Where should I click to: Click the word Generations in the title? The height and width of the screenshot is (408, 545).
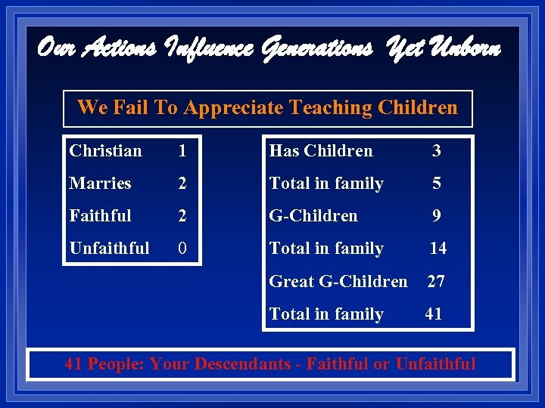[x=317, y=50]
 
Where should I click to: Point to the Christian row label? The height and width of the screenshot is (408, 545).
[x=105, y=151]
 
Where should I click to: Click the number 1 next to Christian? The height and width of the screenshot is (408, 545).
[x=182, y=151]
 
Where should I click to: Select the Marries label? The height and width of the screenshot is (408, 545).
[x=100, y=184]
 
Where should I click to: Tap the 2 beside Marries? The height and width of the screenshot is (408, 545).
[x=182, y=184]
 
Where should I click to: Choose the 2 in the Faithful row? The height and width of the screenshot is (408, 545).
[x=182, y=216]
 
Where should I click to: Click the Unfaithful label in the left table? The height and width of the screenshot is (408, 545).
[x=109, y=249]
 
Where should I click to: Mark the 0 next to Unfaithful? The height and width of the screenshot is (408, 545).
[x=182, y=249]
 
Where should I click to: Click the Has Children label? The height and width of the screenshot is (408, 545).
[x=321, y=151]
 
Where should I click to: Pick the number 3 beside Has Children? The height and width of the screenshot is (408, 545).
[x=436, y=151]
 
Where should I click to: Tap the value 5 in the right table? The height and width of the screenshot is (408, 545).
[x=436, y=184]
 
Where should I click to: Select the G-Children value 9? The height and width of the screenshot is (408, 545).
[x=436, y=216]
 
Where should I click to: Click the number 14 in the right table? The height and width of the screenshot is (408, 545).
[x=438, y=249]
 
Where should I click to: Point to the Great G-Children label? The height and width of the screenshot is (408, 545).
[x=338, y=282]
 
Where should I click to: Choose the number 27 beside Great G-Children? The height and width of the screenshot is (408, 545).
[x=436, y=282]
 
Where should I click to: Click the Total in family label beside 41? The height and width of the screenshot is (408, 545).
[x=326, y=314]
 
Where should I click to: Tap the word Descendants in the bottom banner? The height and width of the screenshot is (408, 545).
[x=242, y=364]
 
